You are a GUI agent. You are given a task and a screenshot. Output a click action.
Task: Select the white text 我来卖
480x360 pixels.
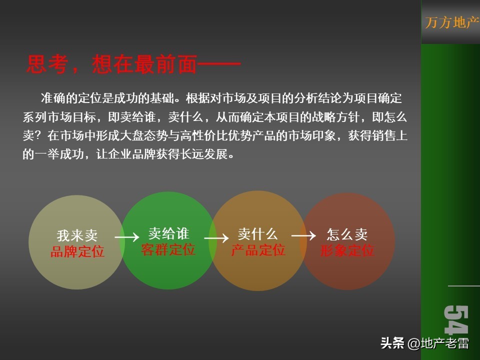(x=77, y=235)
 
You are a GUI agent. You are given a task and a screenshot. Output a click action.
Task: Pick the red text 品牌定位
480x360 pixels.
(x=77, y=251)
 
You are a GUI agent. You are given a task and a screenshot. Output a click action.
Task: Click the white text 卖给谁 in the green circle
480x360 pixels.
(x=168, y=233)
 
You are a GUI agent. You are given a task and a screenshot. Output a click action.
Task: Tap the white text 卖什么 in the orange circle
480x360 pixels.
(x=257, y=233)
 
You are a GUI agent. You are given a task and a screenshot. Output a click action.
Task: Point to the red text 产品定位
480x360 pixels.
(x=258, y=250)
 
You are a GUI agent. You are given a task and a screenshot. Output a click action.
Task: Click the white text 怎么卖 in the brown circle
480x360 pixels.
(x=347, y=234)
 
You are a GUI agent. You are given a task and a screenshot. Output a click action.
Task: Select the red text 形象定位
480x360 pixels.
(x=347, y=250)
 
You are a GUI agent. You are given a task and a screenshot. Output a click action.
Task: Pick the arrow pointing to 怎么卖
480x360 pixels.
(x=303, y=235)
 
